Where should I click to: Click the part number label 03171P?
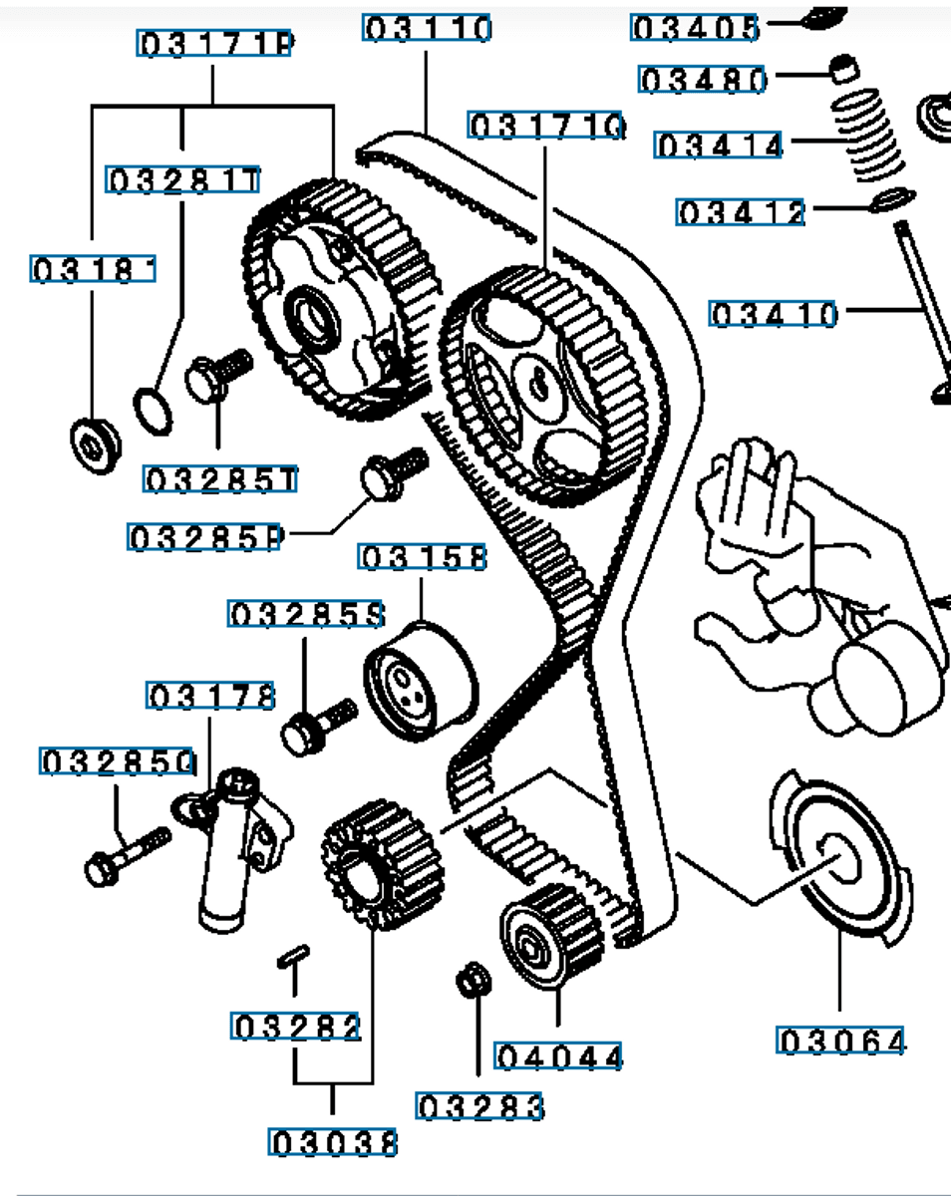(x=214, y=45)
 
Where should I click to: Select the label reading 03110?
(x=428, y=29)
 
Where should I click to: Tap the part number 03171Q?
(x=546, y=127)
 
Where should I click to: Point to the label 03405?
(x=696, y=28)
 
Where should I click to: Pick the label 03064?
(x=842, y=1043)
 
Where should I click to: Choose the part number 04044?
(x=558, y=1055)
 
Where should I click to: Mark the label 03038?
(x=333, y=1142)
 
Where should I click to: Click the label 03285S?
(x=306, y=615)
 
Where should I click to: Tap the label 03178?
(x=210, y=696)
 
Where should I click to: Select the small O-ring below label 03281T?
(x=153, y=412)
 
